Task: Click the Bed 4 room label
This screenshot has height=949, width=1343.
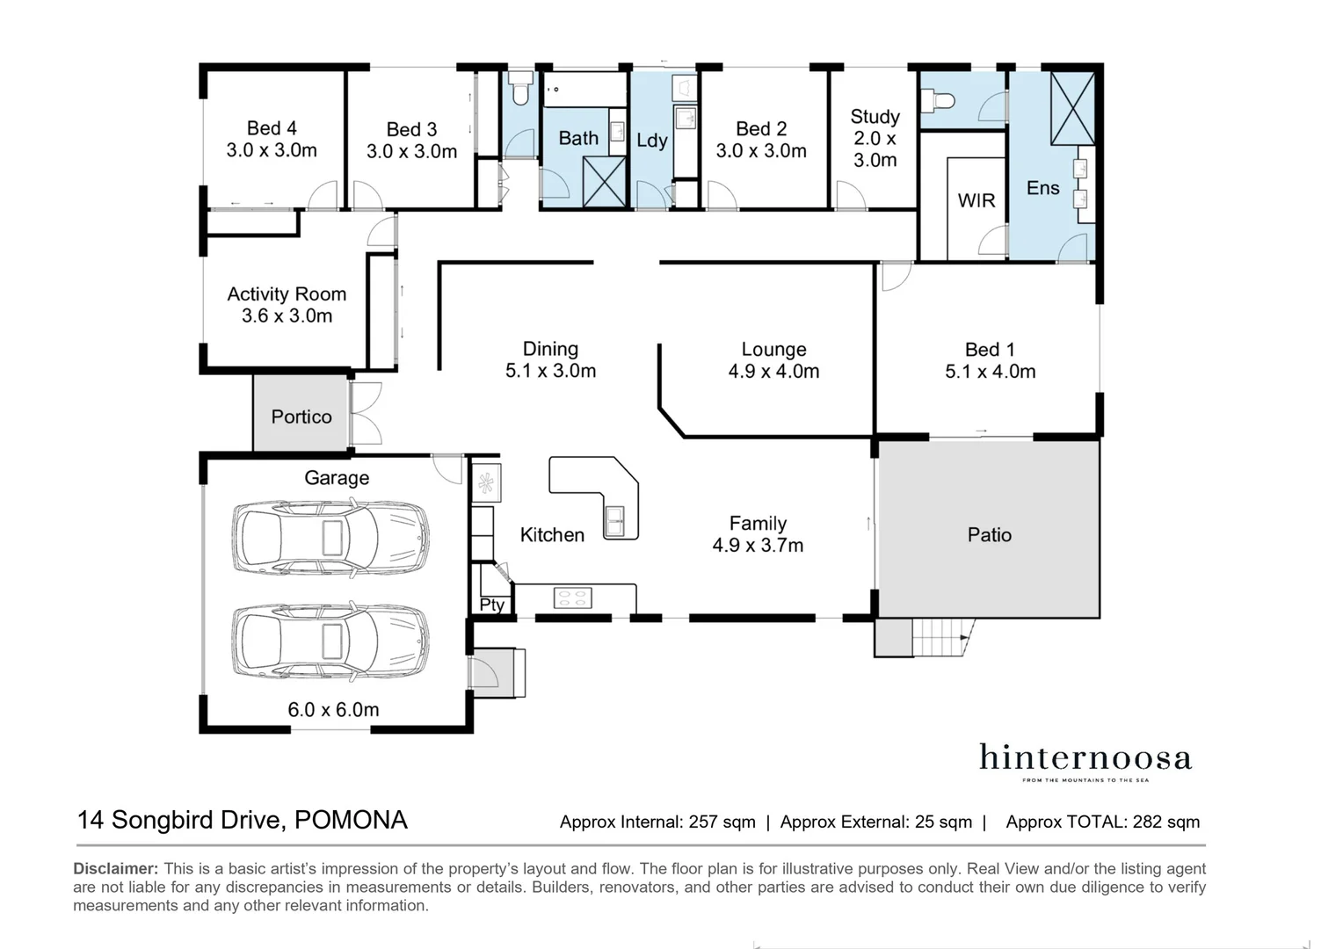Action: point(272,128)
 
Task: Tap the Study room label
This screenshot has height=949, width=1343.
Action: point(875,116)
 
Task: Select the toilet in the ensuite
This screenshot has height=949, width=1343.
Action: point(937,99)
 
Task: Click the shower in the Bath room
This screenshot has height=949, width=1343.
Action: point(605,182)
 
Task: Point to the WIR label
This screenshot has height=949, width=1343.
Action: point(976,200)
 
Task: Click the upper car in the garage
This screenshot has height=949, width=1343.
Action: point(330,537)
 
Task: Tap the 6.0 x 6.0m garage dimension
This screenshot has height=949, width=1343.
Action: point(333,710)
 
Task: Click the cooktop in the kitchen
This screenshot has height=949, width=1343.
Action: point(572,598)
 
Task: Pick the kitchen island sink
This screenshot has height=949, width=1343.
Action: point(615,520)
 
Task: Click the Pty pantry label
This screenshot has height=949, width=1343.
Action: point(491,605)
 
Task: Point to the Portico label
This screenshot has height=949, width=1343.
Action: point(301,417)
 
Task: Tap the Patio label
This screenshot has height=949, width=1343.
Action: point(990,535)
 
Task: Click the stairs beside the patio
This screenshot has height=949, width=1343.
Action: point(940,637)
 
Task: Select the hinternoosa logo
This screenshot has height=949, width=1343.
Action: point(1085,761)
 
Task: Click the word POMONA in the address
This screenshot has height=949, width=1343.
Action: point(351,820)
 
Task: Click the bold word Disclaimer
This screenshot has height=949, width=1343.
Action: point(116,869)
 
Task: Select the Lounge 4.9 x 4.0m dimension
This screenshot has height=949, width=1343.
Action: point(773,371)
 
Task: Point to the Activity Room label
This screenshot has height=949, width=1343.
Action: point(287,293)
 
